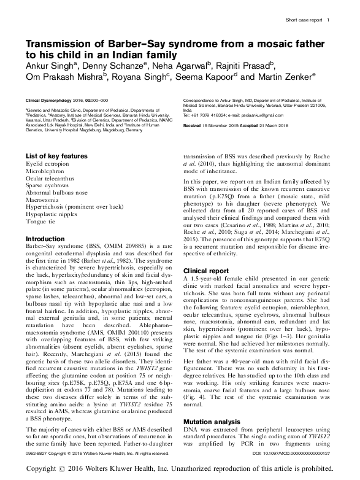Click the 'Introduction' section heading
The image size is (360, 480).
[x=45, y=238]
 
